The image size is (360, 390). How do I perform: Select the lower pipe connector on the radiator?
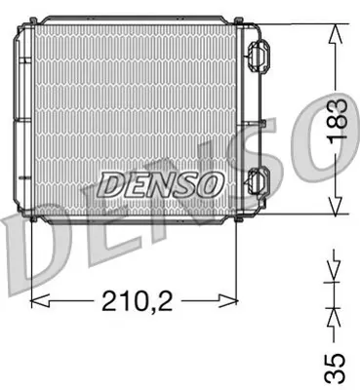pyautogui.click(x=259, y=181)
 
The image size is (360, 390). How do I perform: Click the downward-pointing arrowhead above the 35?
pyautogui.click(x=334, y=266)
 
